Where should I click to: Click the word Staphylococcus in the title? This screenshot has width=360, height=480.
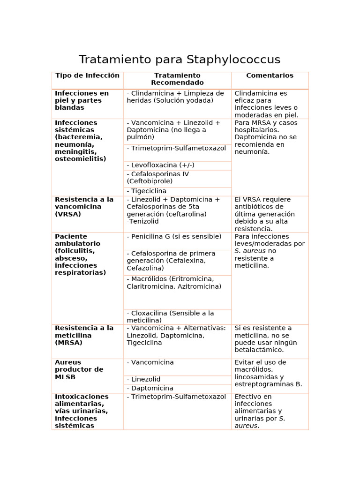(233, 60)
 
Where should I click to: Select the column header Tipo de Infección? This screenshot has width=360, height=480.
(87, 75)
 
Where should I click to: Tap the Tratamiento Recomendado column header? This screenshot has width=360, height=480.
(177, 79)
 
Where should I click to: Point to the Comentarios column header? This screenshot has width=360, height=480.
(270, 75)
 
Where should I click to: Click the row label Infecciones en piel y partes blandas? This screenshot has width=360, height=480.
(82, 100)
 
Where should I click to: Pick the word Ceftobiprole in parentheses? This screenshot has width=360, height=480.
(150, 181)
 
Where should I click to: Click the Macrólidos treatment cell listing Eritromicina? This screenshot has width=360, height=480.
(174, 283)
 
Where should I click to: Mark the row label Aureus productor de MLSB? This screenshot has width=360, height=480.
(79, 369)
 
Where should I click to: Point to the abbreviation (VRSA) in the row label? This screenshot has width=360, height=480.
(68, 214)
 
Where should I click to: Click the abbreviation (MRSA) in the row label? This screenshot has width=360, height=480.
(68, 343)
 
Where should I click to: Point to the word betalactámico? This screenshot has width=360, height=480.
(259, 350)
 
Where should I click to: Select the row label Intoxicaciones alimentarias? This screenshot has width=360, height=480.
(82, 411)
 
